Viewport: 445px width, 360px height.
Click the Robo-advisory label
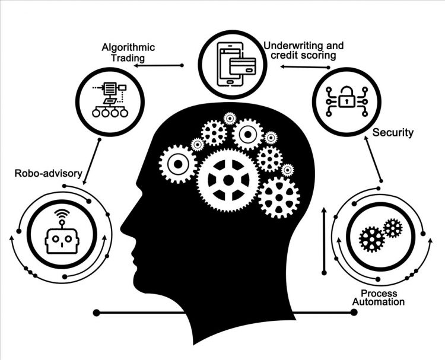(48, 173)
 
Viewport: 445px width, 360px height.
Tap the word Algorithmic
(128, 47)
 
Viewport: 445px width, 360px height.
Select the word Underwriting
(294, 46)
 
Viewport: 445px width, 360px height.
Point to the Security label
(393, 132)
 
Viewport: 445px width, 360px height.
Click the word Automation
(379, 301)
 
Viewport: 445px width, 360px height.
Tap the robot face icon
(62, 241)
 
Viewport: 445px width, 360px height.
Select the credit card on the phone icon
(243, 66)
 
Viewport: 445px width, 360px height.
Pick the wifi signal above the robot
(62, 213)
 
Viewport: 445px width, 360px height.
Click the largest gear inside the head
(228, 180)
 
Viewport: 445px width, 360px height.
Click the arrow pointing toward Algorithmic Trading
(158, 65)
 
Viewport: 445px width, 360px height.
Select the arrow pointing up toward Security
(373, 158)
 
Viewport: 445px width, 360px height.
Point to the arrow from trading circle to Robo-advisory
(91, 163)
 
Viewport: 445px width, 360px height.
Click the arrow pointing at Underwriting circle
(305, 67)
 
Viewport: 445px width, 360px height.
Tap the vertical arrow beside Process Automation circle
(325, 241)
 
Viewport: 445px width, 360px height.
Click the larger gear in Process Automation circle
(372, 240)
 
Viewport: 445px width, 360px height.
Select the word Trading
(128, 58)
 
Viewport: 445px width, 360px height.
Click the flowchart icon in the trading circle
(110, 100)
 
